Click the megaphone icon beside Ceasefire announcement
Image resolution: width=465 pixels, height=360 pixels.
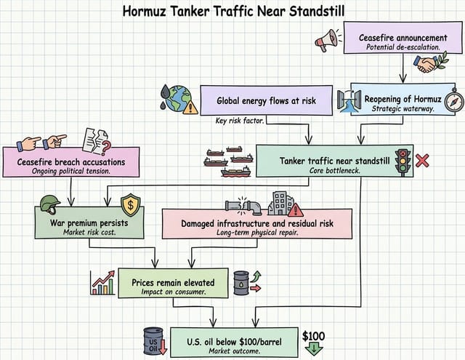pos(327,40)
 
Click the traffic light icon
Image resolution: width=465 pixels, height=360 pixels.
pos(402,161)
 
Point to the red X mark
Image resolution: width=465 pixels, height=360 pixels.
pos(422,160)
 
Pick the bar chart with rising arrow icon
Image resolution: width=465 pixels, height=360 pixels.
pos(102,282)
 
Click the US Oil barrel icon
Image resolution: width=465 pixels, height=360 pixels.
pos(155,340)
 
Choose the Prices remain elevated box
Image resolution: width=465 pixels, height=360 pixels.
pos(169,283)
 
